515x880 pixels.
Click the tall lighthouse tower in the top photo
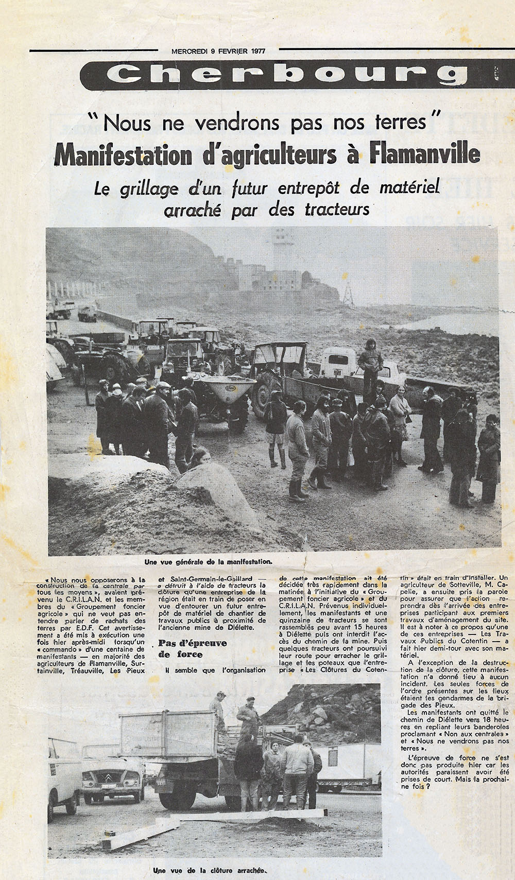point(283,250)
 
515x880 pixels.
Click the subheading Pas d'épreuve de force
point(185,649)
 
